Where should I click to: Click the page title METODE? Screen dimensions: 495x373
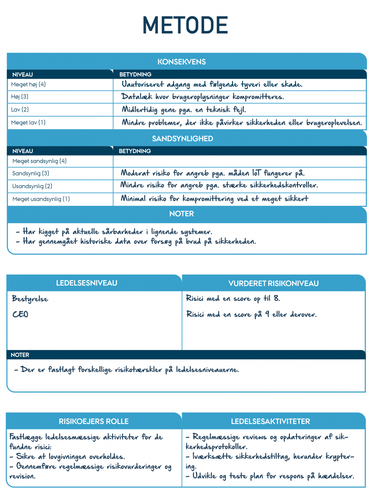pyautogui.click(x=185, y=25)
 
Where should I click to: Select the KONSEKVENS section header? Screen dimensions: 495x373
pyautogui.click(x=182, y=62)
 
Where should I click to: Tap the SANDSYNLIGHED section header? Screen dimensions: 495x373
pyautogui.click(x=182, y=139)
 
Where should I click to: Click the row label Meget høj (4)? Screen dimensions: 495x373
pyautogui.click(x=28, y=85)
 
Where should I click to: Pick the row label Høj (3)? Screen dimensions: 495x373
pyautogui.click(x=20, y=97)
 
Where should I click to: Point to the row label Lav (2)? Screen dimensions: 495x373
pyautogui.click(x=20, y=110)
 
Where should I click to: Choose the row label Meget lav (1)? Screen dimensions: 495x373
pyautogui.click(x=28, y=123)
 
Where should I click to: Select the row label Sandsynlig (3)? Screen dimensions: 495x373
pyautogui.click(x=31, y=174)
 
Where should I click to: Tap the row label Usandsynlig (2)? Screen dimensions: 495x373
pyautogui.click(x=32, y=186)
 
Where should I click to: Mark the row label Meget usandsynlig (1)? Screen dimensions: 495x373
pyautogui.click(x=41, y=199)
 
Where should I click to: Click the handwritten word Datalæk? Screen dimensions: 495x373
pyautogui.click(x=137, y=97)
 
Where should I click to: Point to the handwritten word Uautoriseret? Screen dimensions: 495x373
pyautogui.click(x=142, y=85)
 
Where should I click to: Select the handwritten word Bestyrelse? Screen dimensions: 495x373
pyautogui.click(x=30, y=299)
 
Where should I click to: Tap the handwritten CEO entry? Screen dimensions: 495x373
pyautogui.click(x=20, y=315)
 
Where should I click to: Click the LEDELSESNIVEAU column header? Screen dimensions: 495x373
pyautogui.click(x=87, y=283)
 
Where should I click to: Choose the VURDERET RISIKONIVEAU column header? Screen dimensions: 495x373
pyautogui.click(x=273, y=283)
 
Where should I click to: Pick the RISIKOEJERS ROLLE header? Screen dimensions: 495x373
pyautogui.click(x=94, y=421)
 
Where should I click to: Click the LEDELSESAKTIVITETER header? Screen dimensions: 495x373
pyautogui.click(x=270, y=421)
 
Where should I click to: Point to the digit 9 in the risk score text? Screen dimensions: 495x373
pyautogui.click(x=267, y=314)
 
